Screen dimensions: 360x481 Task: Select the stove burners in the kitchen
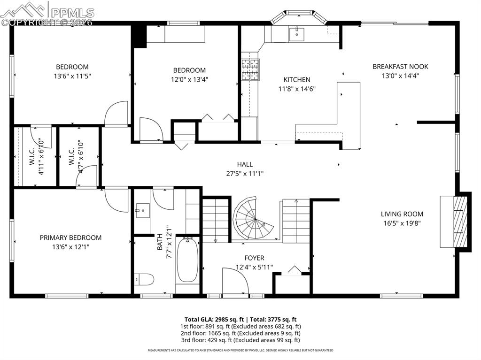(x=250, y=69)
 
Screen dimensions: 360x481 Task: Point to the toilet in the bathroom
(x=144, y=279)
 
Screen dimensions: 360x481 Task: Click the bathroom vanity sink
(x=143, y=211)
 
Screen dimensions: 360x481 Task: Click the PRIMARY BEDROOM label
(x=70, y=237)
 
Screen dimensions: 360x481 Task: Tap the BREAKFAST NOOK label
(x=400, y=66)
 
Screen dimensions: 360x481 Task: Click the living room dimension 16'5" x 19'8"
(x=402, y=223)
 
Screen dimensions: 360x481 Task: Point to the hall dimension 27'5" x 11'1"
(x=245, y=173)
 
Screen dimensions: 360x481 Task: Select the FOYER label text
(x=254, y=258)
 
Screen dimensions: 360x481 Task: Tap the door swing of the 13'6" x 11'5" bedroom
(x=116, y=113)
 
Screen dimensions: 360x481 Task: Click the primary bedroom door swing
(x=116, y=199)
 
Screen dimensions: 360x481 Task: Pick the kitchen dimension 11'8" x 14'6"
(x=296, y=88)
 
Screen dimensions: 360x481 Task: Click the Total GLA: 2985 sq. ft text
(x=217, y=319)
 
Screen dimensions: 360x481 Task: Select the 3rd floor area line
(x=240, y=340)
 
